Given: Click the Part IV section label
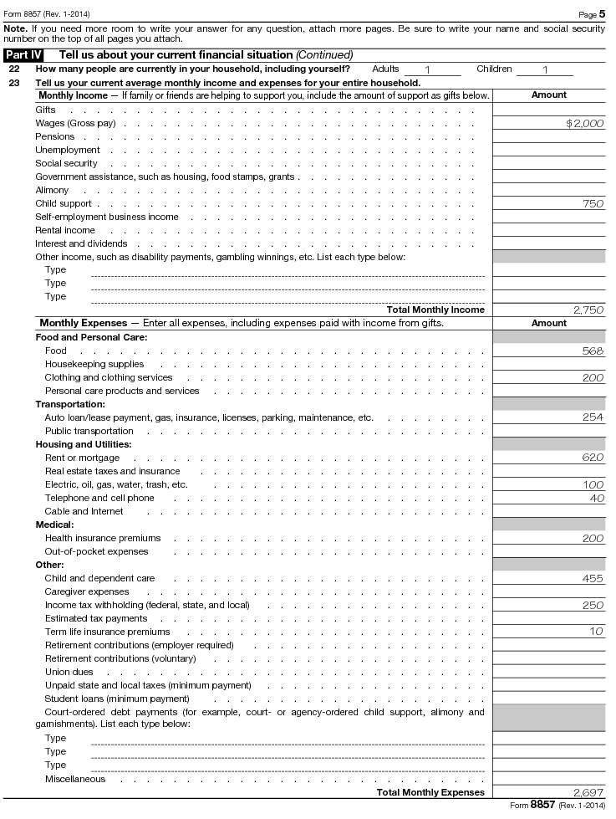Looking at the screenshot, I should point(23,54).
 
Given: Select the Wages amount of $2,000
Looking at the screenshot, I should point(584,123).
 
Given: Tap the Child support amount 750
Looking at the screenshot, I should point(593,203).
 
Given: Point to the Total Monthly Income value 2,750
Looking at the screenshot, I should point(588,310).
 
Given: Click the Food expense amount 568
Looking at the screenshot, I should point(593,351).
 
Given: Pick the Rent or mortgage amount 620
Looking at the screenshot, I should point(593,458).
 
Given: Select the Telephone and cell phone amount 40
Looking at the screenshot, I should point(596,498).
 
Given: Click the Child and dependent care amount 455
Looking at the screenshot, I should point(593,578).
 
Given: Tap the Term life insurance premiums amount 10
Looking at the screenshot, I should point(596,632).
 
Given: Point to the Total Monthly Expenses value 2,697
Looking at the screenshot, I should point(588,792).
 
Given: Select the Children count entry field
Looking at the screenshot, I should point(545,69).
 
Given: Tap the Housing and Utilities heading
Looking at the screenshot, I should point(83,444).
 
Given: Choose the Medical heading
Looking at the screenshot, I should point(54,525).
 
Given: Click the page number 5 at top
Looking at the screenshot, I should point(603,14).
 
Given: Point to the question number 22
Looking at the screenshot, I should point(14,69).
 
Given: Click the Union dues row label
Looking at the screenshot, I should point(69,672).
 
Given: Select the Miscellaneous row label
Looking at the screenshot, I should point(75,779).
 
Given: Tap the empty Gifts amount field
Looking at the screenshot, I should point(549,110).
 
